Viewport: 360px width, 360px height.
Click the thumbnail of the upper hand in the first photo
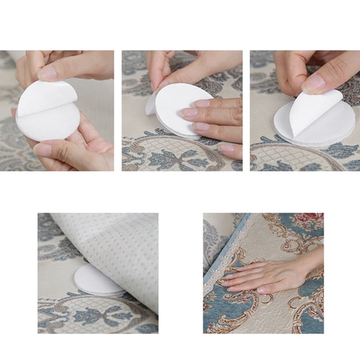(x=47, y=73)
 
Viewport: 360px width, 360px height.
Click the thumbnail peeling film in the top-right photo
(x=314, y=82)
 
